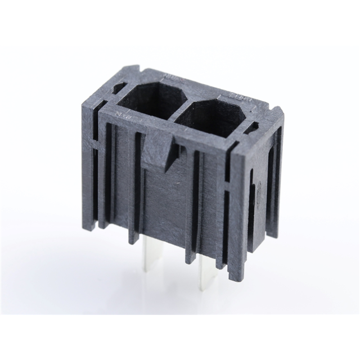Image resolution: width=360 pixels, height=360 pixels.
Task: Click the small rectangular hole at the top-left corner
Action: pos(119,88)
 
